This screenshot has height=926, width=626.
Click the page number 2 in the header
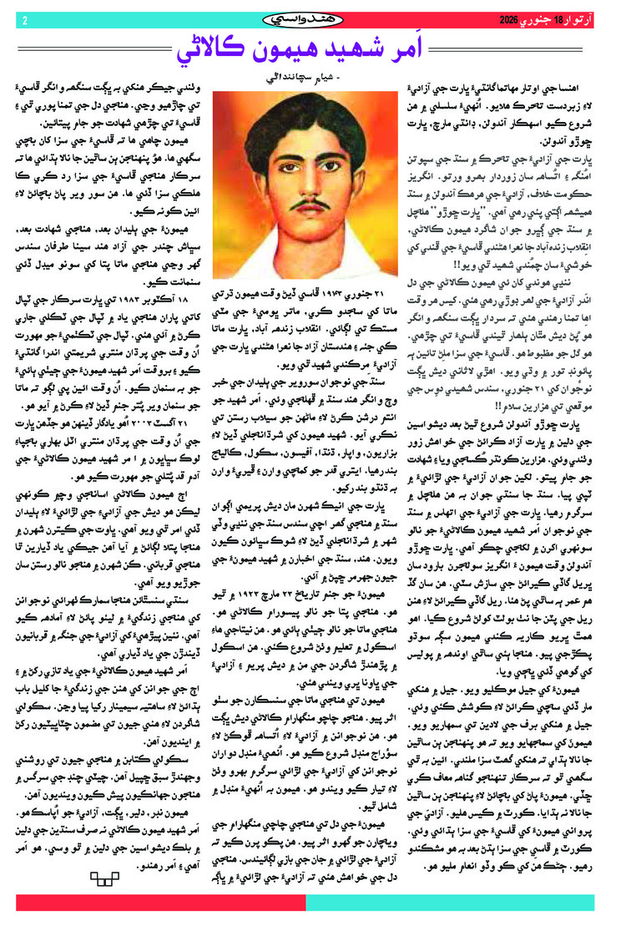[x=26, y=19]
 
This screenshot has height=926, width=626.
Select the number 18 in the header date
[x=537, y=19]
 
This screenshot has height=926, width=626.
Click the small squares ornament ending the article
[x=105, y=877]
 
